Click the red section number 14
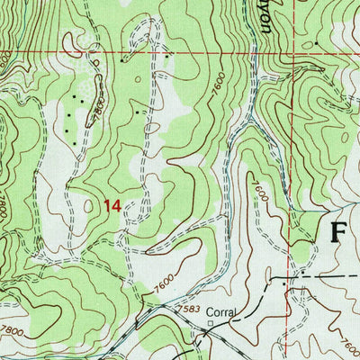click(112, 206)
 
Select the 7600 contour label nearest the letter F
click(260, 191)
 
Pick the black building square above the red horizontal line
click(317, 43)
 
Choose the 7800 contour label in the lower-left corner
click(11, 329)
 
